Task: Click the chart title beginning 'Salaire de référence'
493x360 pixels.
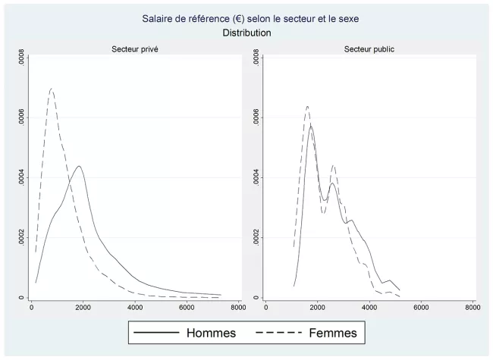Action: (x=246, y=18)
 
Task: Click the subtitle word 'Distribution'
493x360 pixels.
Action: (x=246, y=33)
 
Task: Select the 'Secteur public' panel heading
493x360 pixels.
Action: (x=369, y=49)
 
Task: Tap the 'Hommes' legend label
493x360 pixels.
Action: (x=211, y=333)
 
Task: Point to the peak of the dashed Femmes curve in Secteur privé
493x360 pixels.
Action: (x=51, y=89)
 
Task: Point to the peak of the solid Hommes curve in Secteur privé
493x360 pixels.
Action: (x=79, y=166)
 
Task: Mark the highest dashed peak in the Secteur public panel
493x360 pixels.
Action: (x=307, y=106)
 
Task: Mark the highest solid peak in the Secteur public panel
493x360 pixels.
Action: (x=311, y=127)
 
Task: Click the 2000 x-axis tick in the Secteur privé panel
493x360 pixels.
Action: (x=83, y=307)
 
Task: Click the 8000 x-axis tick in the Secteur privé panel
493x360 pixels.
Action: (x=237, y=307)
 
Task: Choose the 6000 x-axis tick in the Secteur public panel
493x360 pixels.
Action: (x=421, y=307)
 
